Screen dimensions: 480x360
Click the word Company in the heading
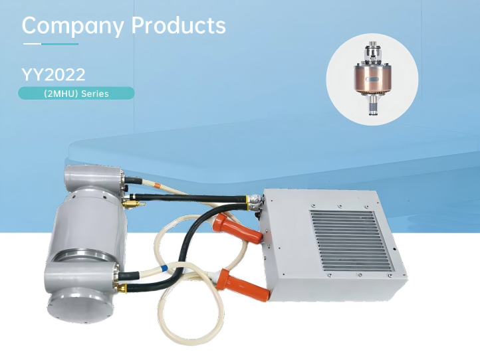click(72, 26)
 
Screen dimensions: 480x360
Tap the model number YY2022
click(53, 74)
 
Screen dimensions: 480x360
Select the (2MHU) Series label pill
click(76, 93)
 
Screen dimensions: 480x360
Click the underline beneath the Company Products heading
click(51, 44)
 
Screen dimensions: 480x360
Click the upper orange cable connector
click(239, 227)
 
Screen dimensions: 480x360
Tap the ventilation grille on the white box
click(352, 241)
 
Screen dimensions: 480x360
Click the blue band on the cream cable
click(164, 268)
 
